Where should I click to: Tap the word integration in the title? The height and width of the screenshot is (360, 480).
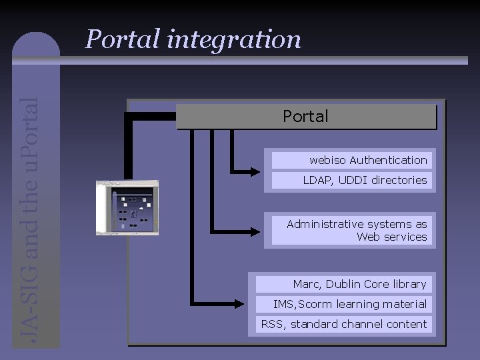click(234, 40)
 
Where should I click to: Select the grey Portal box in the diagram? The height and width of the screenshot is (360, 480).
click(306, 117)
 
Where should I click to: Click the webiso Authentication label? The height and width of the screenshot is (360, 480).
click(350, 160)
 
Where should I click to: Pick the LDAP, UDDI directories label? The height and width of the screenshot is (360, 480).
click(350, 180)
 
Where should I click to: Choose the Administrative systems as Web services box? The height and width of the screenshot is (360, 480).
click(350, 230)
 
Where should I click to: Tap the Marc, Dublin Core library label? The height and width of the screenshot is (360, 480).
click(342, 284)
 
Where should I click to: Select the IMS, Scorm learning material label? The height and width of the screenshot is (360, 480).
click(342, 304)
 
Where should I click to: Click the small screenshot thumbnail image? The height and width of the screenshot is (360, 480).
click(127, 207)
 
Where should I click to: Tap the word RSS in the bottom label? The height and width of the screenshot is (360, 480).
click(271, 324)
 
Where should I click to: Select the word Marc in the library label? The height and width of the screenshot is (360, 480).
click(307, 284)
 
